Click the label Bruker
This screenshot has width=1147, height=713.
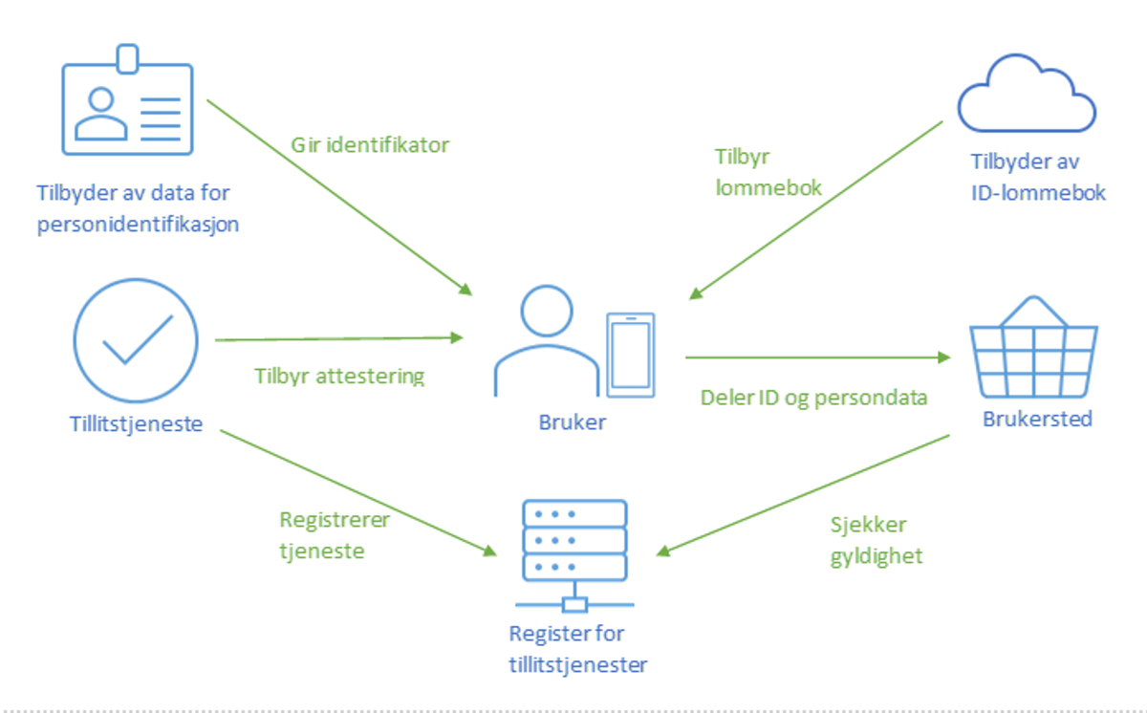pos(572,422)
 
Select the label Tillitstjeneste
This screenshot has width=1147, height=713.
pos(136,424)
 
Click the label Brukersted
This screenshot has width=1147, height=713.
pos(1037,420)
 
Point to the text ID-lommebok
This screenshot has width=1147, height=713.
pos(1038,193)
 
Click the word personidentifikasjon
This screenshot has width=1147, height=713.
pos(138,226)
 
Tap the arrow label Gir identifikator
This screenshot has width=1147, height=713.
pos(370,145)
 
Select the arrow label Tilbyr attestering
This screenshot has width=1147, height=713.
pos(339,377)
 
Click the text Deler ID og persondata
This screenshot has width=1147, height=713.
pos(813,399)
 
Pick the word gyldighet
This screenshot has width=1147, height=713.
pos(876,557)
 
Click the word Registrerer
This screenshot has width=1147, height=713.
pos(335,520)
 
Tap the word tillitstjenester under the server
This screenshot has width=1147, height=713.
pos(578,665)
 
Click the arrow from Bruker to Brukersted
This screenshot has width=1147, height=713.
pos(818,357)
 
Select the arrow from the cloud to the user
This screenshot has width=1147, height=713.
pos(815,210)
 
